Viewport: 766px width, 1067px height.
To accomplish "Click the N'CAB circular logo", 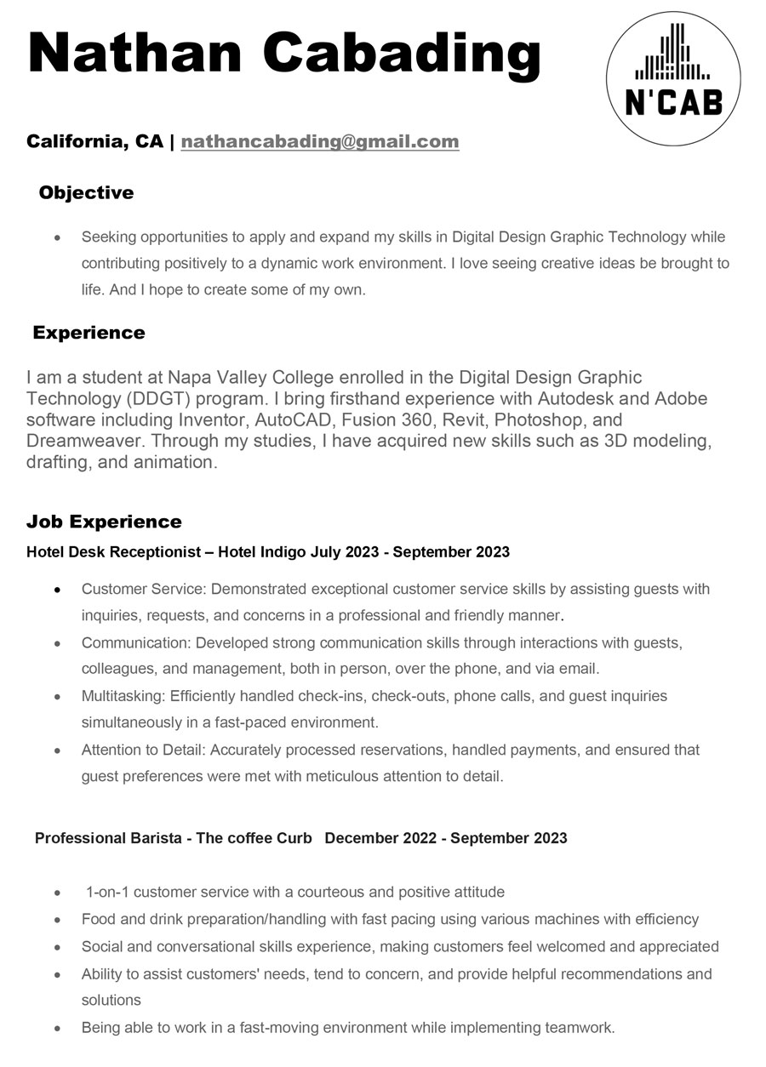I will pos(672,78).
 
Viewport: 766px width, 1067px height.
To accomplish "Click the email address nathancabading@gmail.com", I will pos(320,141).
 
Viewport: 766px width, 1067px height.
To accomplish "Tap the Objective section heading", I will pos(86,193).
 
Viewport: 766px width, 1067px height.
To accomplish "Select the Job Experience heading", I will pos(104,522).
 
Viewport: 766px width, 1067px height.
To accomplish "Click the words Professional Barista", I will pos(108,838).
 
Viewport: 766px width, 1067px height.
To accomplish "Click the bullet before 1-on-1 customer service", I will pos(56,893).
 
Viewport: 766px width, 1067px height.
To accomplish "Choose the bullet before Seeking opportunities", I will pos(56,237).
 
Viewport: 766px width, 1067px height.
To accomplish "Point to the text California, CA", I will pos(94,141).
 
